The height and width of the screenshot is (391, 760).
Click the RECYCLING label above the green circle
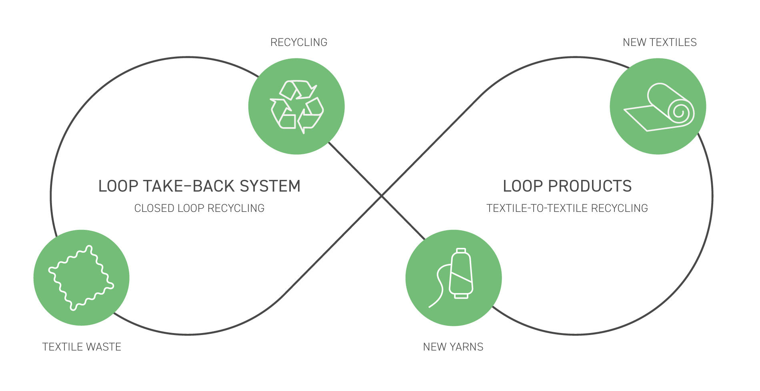(299, 42)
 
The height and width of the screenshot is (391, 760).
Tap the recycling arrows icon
(296, 106)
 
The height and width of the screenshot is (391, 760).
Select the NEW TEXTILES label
(660, 42)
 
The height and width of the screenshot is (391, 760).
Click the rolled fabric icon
(658, 107)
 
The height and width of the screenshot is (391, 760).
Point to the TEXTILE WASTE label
(82, 347)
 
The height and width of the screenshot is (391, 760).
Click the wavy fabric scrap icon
(81, 278)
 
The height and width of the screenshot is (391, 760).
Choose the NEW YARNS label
(453, 347)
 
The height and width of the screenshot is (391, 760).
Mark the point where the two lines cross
(382, 196)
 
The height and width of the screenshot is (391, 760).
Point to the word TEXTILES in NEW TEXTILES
(673, 42)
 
